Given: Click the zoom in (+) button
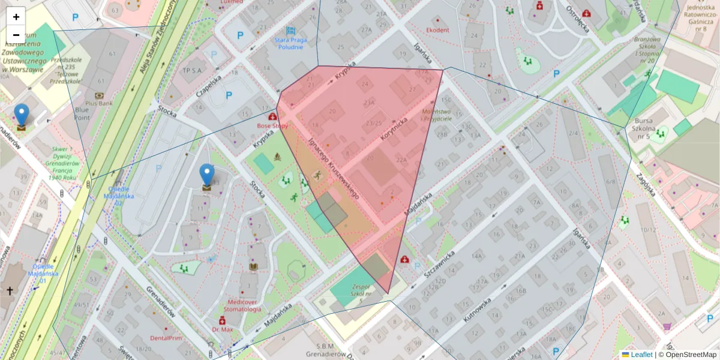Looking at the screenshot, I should click(16, 17).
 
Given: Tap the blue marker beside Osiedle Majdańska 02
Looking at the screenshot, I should click(207, 176).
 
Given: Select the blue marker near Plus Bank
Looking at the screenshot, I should click(22, 116).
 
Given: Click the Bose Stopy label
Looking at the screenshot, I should click(272, 126).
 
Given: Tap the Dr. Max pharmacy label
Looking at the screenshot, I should click(223, 329).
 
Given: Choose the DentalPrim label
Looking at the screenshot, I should click(166, 338).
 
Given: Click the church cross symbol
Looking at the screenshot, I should click(10, 291).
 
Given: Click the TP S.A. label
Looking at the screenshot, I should click(193, 70).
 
